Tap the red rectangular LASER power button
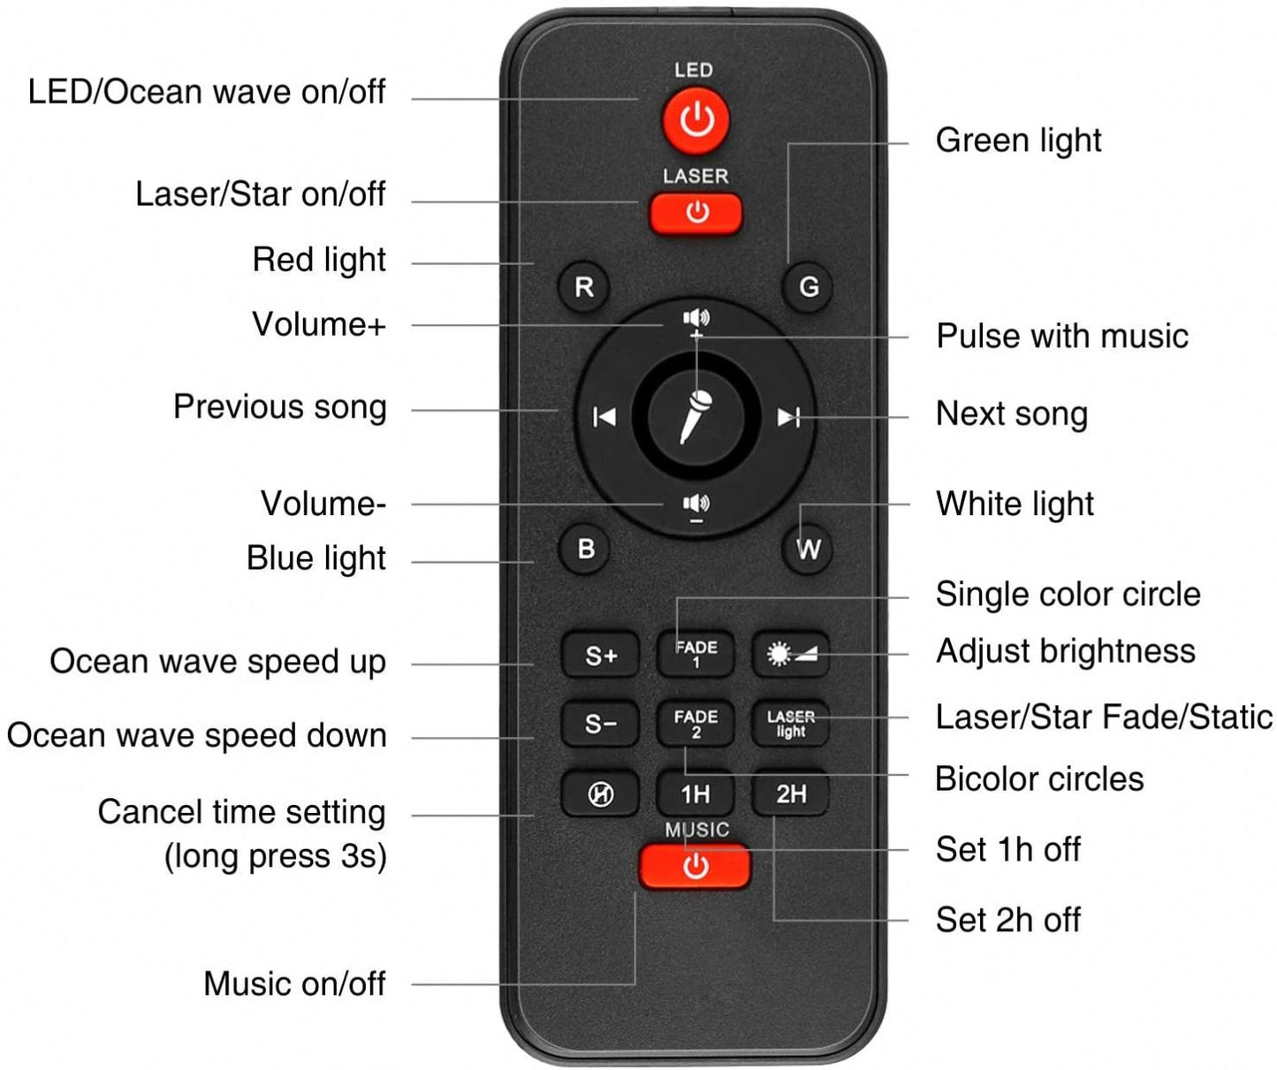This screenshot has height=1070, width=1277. tap(696, 214)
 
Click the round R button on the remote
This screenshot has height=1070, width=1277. tap(584, 287)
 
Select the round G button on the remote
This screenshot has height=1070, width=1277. tap(809, 287)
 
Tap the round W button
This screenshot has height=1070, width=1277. tap(809, 549)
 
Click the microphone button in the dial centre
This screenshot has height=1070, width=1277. tap(696, 418)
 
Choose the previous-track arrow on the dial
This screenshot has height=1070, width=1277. tap(604, 417)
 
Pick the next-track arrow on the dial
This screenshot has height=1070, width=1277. tap(788, 417)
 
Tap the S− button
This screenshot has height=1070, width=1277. tap(601, 724)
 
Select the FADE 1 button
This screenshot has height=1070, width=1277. tap(696, 654)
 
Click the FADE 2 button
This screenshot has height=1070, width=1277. tap(696, 724)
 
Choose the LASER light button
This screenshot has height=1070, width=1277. tap(791, 724)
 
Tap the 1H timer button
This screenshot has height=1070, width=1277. tap(696, 793)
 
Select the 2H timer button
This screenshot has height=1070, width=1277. tap(791, 793)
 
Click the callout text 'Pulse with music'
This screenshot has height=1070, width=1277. tap(1062, 336)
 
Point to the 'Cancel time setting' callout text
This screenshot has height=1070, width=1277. tap(241, 812)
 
